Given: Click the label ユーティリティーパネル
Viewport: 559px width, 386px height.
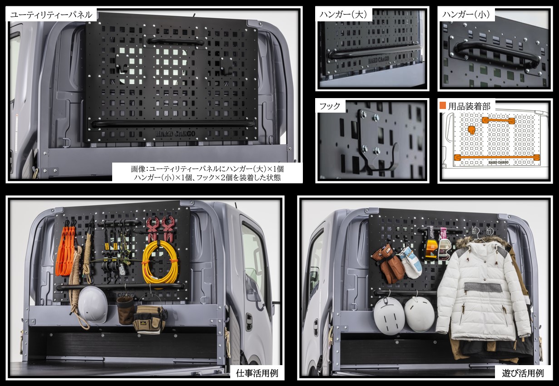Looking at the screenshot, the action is click(51, 15).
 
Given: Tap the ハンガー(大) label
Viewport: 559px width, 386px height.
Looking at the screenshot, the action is click(343, 15).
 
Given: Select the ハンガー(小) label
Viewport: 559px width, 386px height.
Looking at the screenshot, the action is click(466, 15).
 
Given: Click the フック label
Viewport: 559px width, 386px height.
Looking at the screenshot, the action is click(330, 106).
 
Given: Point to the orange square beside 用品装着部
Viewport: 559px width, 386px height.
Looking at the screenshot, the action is click(443, 105).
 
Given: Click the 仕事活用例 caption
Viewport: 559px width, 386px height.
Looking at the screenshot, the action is click(257, 373).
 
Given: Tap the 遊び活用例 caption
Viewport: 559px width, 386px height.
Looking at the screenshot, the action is click(523, 373).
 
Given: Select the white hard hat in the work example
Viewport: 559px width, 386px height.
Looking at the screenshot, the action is click(93, 305).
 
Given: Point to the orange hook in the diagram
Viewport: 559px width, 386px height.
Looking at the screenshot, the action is click(471, 130).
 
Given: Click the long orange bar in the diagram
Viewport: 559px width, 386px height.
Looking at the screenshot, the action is click(497, 157).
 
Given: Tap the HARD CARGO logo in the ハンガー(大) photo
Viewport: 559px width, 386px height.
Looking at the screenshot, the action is click(378, 60).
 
